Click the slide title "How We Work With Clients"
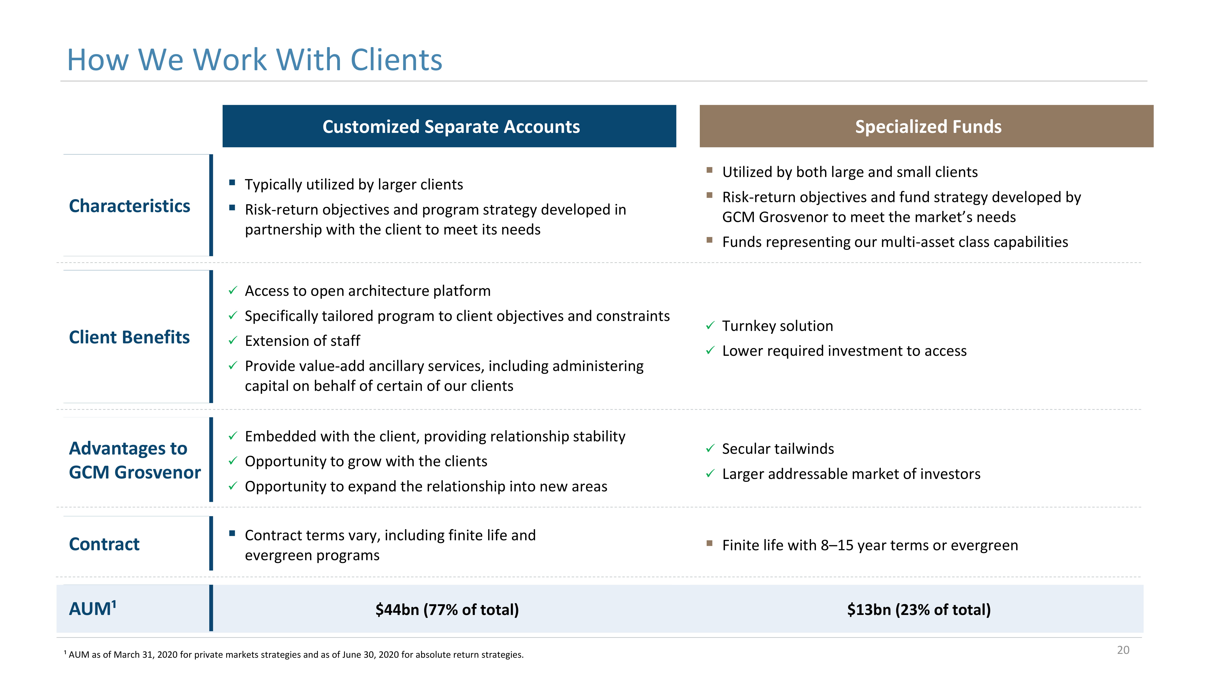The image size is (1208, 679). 255,60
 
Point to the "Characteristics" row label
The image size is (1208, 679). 130,206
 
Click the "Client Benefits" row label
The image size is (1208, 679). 130,337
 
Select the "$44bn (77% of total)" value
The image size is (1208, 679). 447,610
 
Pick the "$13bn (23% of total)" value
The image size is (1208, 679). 919,610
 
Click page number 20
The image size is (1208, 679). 1123,650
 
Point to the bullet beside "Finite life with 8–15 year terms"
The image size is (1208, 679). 710,544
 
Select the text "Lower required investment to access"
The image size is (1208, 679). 844,351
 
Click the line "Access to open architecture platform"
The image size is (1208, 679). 368,291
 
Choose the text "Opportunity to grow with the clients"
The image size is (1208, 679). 366,461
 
